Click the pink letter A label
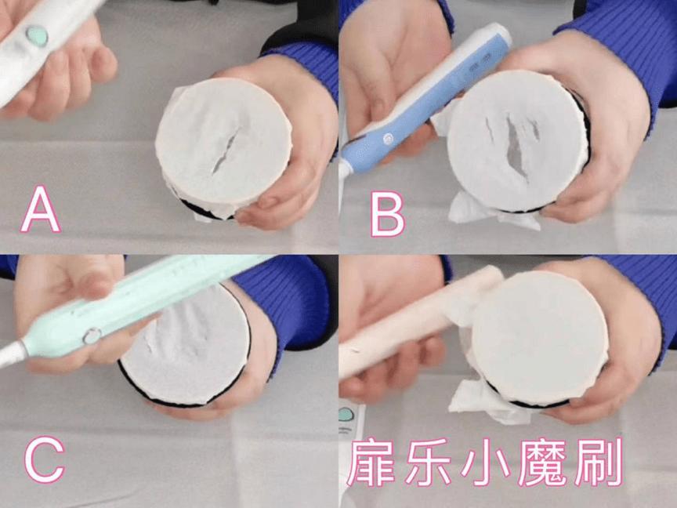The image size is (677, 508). coord(41,209)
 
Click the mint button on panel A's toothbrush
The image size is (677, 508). coord(37,35)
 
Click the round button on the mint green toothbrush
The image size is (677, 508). coord(92,336)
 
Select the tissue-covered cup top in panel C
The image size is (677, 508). coord(185,345)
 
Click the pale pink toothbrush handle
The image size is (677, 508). coord(407,329)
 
